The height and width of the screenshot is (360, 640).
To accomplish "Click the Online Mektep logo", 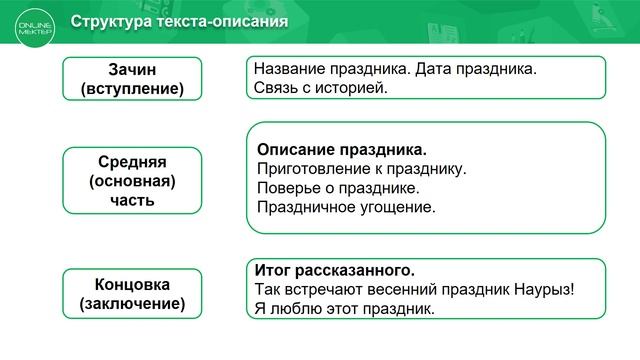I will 31,21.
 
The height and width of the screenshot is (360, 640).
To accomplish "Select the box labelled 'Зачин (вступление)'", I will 133,79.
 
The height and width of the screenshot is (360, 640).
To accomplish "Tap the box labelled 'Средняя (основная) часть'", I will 133,180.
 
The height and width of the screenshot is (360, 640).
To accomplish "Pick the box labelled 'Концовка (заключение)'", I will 133,294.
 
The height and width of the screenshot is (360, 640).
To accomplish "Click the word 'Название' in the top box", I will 291,70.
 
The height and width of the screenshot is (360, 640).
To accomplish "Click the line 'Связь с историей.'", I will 320,88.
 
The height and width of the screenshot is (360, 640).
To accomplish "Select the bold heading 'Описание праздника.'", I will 335,149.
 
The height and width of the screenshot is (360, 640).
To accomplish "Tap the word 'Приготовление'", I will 311,168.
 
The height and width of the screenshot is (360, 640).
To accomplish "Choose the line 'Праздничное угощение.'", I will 347,207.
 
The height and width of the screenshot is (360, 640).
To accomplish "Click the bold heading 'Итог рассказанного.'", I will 334,271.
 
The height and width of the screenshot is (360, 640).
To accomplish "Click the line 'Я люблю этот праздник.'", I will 345,309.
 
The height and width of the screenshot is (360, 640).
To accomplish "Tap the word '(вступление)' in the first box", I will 133,89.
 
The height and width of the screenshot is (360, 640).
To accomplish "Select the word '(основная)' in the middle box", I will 133,180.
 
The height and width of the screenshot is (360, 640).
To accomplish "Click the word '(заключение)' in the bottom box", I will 133,303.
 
